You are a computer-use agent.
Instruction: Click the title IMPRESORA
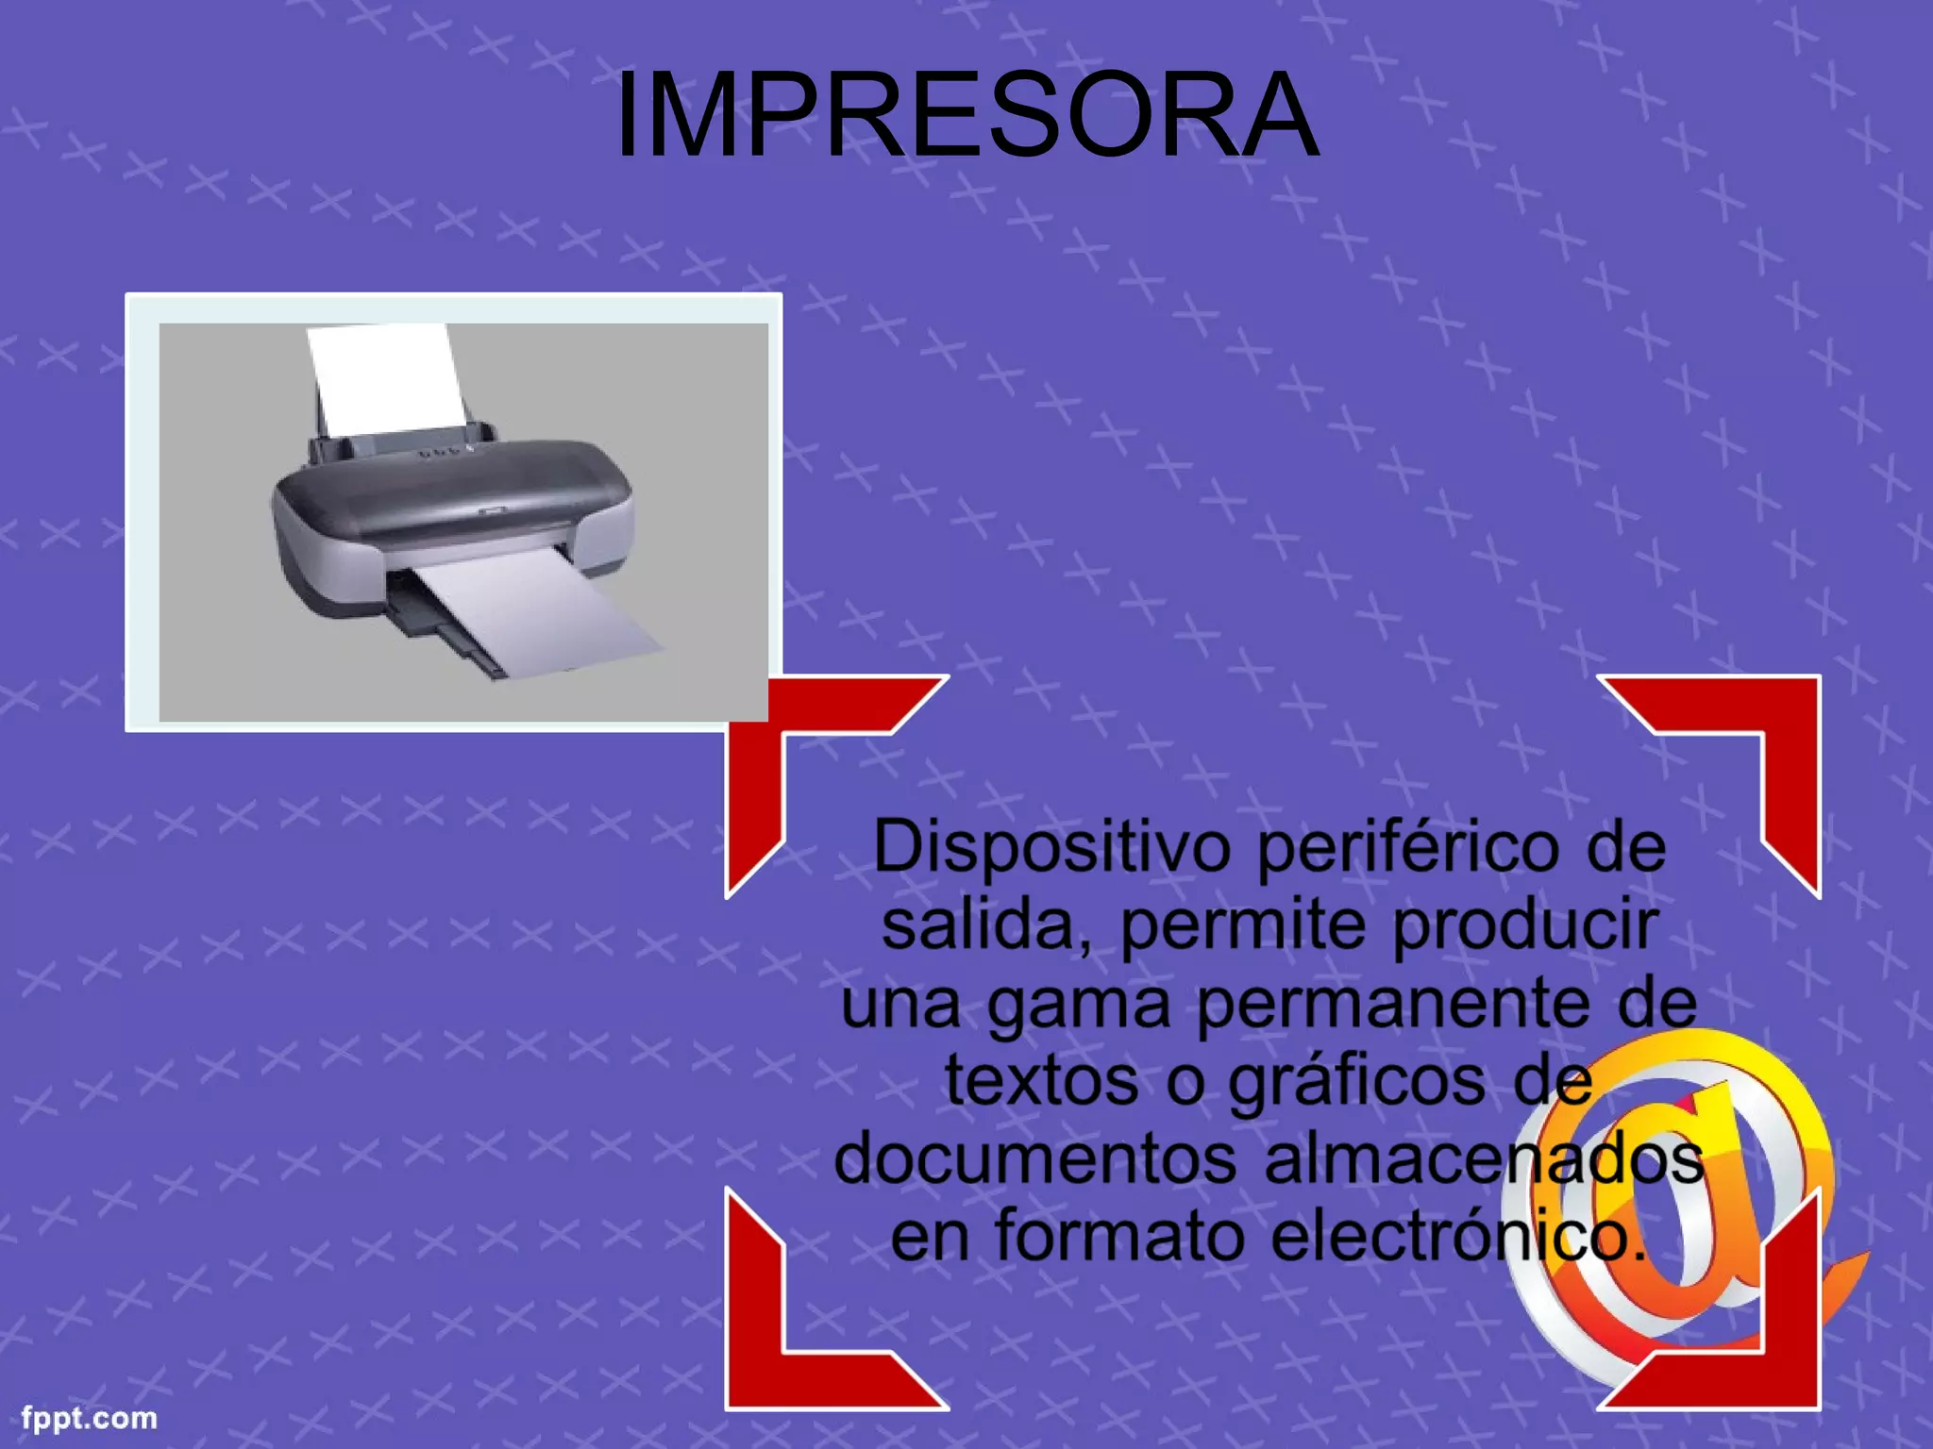(966, 116)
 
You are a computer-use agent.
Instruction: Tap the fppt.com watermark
(90, 1418)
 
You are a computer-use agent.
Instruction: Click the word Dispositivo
(1051, 847)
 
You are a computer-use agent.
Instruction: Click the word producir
(1524, 927)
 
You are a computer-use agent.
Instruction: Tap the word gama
(1078, 1006)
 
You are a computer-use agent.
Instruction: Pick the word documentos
(1035, 1159)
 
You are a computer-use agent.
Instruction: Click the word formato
(1119, 1237)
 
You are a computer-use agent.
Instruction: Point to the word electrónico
(1458, 1237)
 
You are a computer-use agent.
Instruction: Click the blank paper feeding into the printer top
(387, 377)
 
